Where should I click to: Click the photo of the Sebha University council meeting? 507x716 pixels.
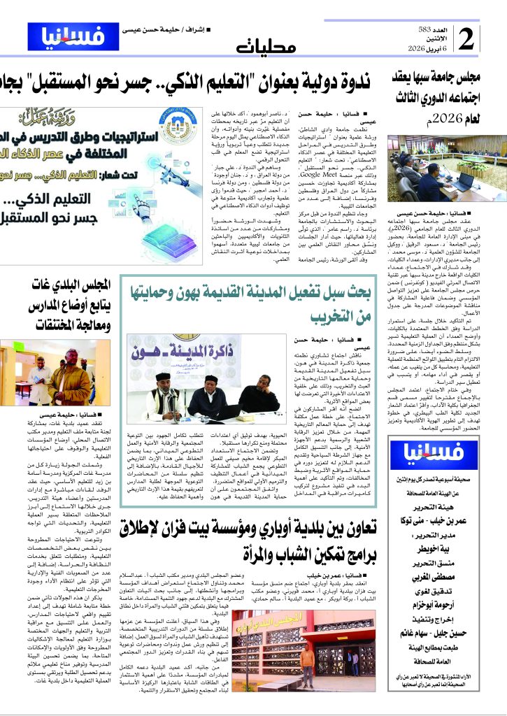point(441,169)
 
